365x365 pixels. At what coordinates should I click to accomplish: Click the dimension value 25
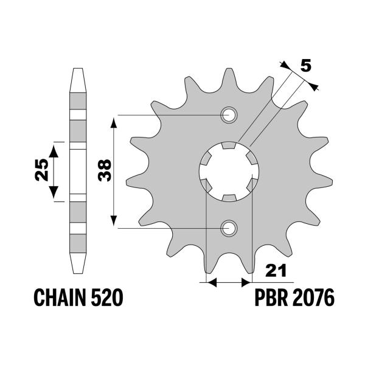(x=40, y=171)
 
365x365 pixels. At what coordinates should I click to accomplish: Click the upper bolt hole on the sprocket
(x=229, y=114)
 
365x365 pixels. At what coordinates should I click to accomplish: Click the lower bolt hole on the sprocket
(x=229, y=228)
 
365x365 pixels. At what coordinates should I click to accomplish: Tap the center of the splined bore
(x=229, y=171)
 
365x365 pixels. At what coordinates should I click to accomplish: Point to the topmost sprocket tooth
(x=230, y=71)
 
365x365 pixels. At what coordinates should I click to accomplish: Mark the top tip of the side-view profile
(x=77, y=71)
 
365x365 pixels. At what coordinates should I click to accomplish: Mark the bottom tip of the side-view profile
(x=77, y=272)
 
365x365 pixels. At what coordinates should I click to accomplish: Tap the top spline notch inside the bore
(x=229, y=146)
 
